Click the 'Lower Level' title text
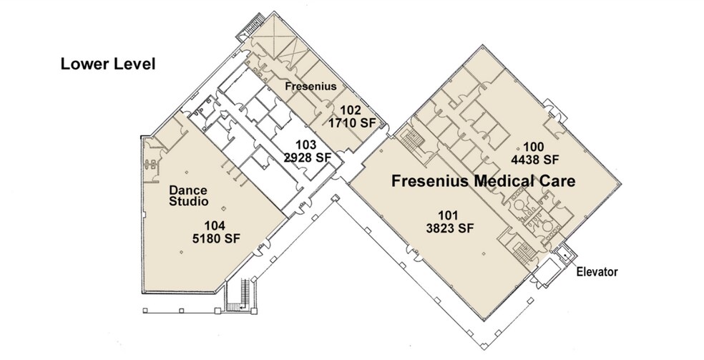coord(108,64)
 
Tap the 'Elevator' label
coord(597,271)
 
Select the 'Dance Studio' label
coord(189,196)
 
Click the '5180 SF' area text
coord(215,238)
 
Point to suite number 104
coord(215,225)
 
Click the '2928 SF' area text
coord(307,157)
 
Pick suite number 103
coord(306,145)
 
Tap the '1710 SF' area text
coord(352,122)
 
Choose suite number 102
coord(351,110)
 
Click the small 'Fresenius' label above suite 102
coord(311,86)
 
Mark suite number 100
coord(534,147)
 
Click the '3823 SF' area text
coord(450,228)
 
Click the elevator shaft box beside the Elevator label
coord(563,255)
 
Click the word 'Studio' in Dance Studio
coord(189,202)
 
